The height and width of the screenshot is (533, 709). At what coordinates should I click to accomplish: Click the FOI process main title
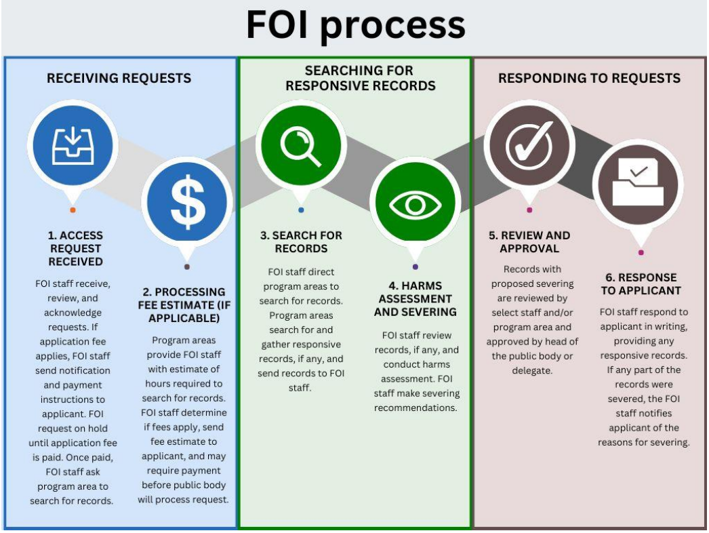click(x=355, y=26)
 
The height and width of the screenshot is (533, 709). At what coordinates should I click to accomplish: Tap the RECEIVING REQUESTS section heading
click(x=119, y=78)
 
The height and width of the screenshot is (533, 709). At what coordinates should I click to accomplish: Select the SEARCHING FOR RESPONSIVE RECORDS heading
click(x=359, y=78)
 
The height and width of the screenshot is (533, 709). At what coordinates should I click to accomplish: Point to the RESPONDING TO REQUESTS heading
click(x=589, y=78)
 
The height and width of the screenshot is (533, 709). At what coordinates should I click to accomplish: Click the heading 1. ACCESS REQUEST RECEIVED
click(x=75, y=248)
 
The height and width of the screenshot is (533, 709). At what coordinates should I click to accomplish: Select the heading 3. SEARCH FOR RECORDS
click(x=301, y=242)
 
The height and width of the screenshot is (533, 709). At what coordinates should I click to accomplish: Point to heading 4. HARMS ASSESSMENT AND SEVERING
click(x=416, y=298)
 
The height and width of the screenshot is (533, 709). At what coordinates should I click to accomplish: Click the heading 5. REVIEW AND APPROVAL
click(x=529, y=242)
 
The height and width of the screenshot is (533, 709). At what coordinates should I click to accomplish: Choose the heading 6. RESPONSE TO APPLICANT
click(x=640, y=284)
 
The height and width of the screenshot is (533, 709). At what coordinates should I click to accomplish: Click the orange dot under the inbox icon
click(x=73, y=210)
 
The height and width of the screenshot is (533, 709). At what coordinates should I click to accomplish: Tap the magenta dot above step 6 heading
click(x=641, y=253)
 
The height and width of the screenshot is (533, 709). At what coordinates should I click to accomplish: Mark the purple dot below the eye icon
click(x=415, y=266)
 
